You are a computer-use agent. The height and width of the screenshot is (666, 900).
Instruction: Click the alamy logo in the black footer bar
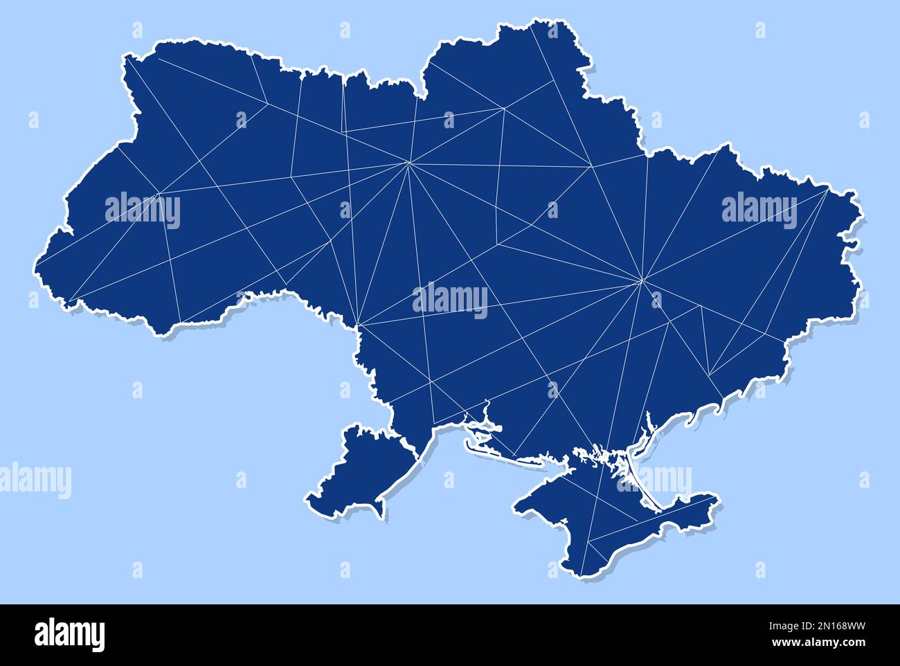tap(69, 633)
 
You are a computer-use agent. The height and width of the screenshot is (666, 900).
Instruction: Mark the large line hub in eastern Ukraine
tap(642, 280)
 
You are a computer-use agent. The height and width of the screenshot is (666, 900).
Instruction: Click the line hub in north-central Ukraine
tap(409, 163)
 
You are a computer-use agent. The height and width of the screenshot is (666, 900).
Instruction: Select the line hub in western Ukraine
tap(160, 192)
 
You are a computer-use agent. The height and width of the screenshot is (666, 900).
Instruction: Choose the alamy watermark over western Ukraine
tap(143, 210)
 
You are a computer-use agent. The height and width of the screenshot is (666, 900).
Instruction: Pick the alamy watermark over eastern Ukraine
tap(759, 210)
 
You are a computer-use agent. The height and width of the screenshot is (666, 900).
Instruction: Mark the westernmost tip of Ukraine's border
tap(35, 266)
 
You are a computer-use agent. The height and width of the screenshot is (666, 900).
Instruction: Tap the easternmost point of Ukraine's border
tap(858, 242)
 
